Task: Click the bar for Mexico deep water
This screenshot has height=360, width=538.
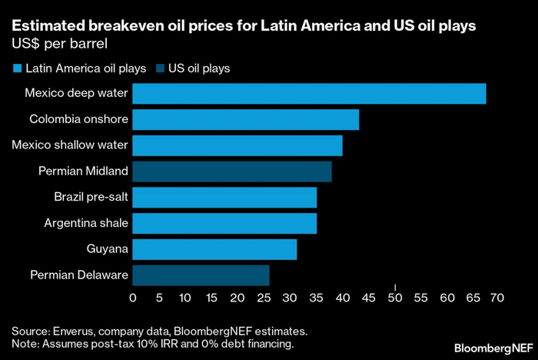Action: (309, 94)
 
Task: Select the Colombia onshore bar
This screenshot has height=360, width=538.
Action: (246, 120)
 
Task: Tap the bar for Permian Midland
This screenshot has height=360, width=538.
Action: (232, 172)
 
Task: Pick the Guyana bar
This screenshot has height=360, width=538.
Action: (214, 249)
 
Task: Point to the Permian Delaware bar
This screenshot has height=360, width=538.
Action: (201, 275)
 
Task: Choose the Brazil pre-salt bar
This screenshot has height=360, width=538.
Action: (224, 198)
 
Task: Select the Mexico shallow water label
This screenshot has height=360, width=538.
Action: (70, 145)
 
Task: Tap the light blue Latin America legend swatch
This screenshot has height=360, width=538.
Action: (16, 68)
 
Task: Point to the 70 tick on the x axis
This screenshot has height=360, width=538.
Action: (496, 297)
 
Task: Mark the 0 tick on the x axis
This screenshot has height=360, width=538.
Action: (133, 297)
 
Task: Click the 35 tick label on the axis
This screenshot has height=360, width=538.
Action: (316, 297)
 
